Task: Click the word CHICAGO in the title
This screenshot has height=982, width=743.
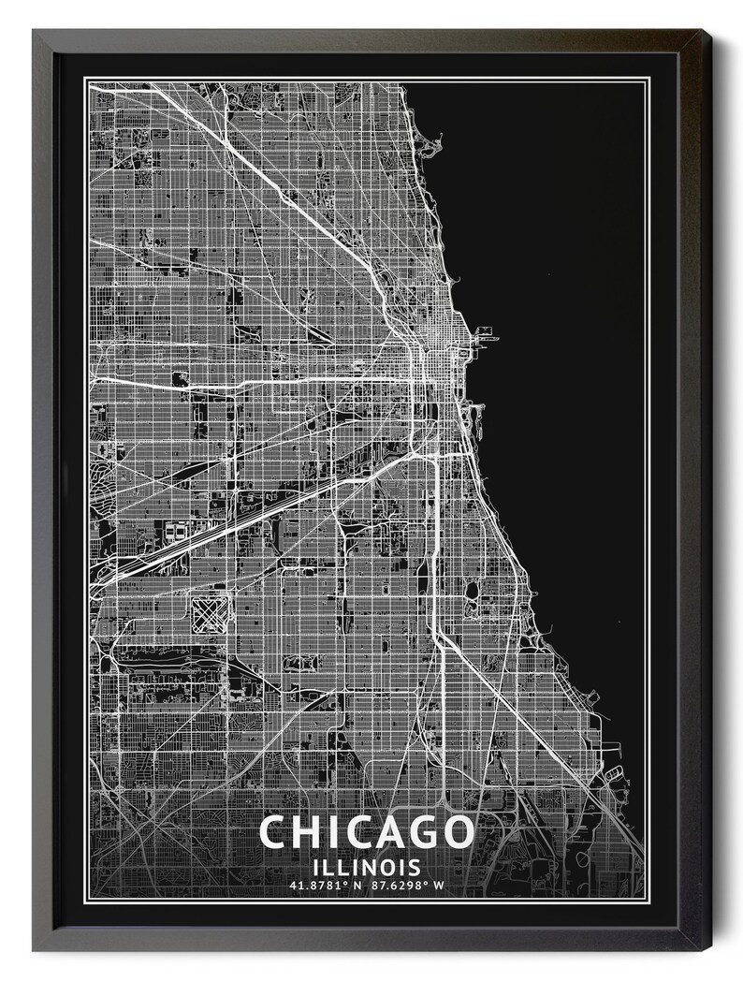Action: point(367,831)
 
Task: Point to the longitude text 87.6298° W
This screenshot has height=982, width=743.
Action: point(407,885)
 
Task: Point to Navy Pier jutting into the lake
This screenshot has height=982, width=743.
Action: point(486,331)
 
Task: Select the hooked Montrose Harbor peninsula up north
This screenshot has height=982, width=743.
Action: point(432,145)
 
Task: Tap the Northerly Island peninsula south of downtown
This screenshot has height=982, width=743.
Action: point(476,413)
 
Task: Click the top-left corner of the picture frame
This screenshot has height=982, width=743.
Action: point(35,31)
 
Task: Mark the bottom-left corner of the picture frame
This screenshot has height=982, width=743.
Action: point(35,949)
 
